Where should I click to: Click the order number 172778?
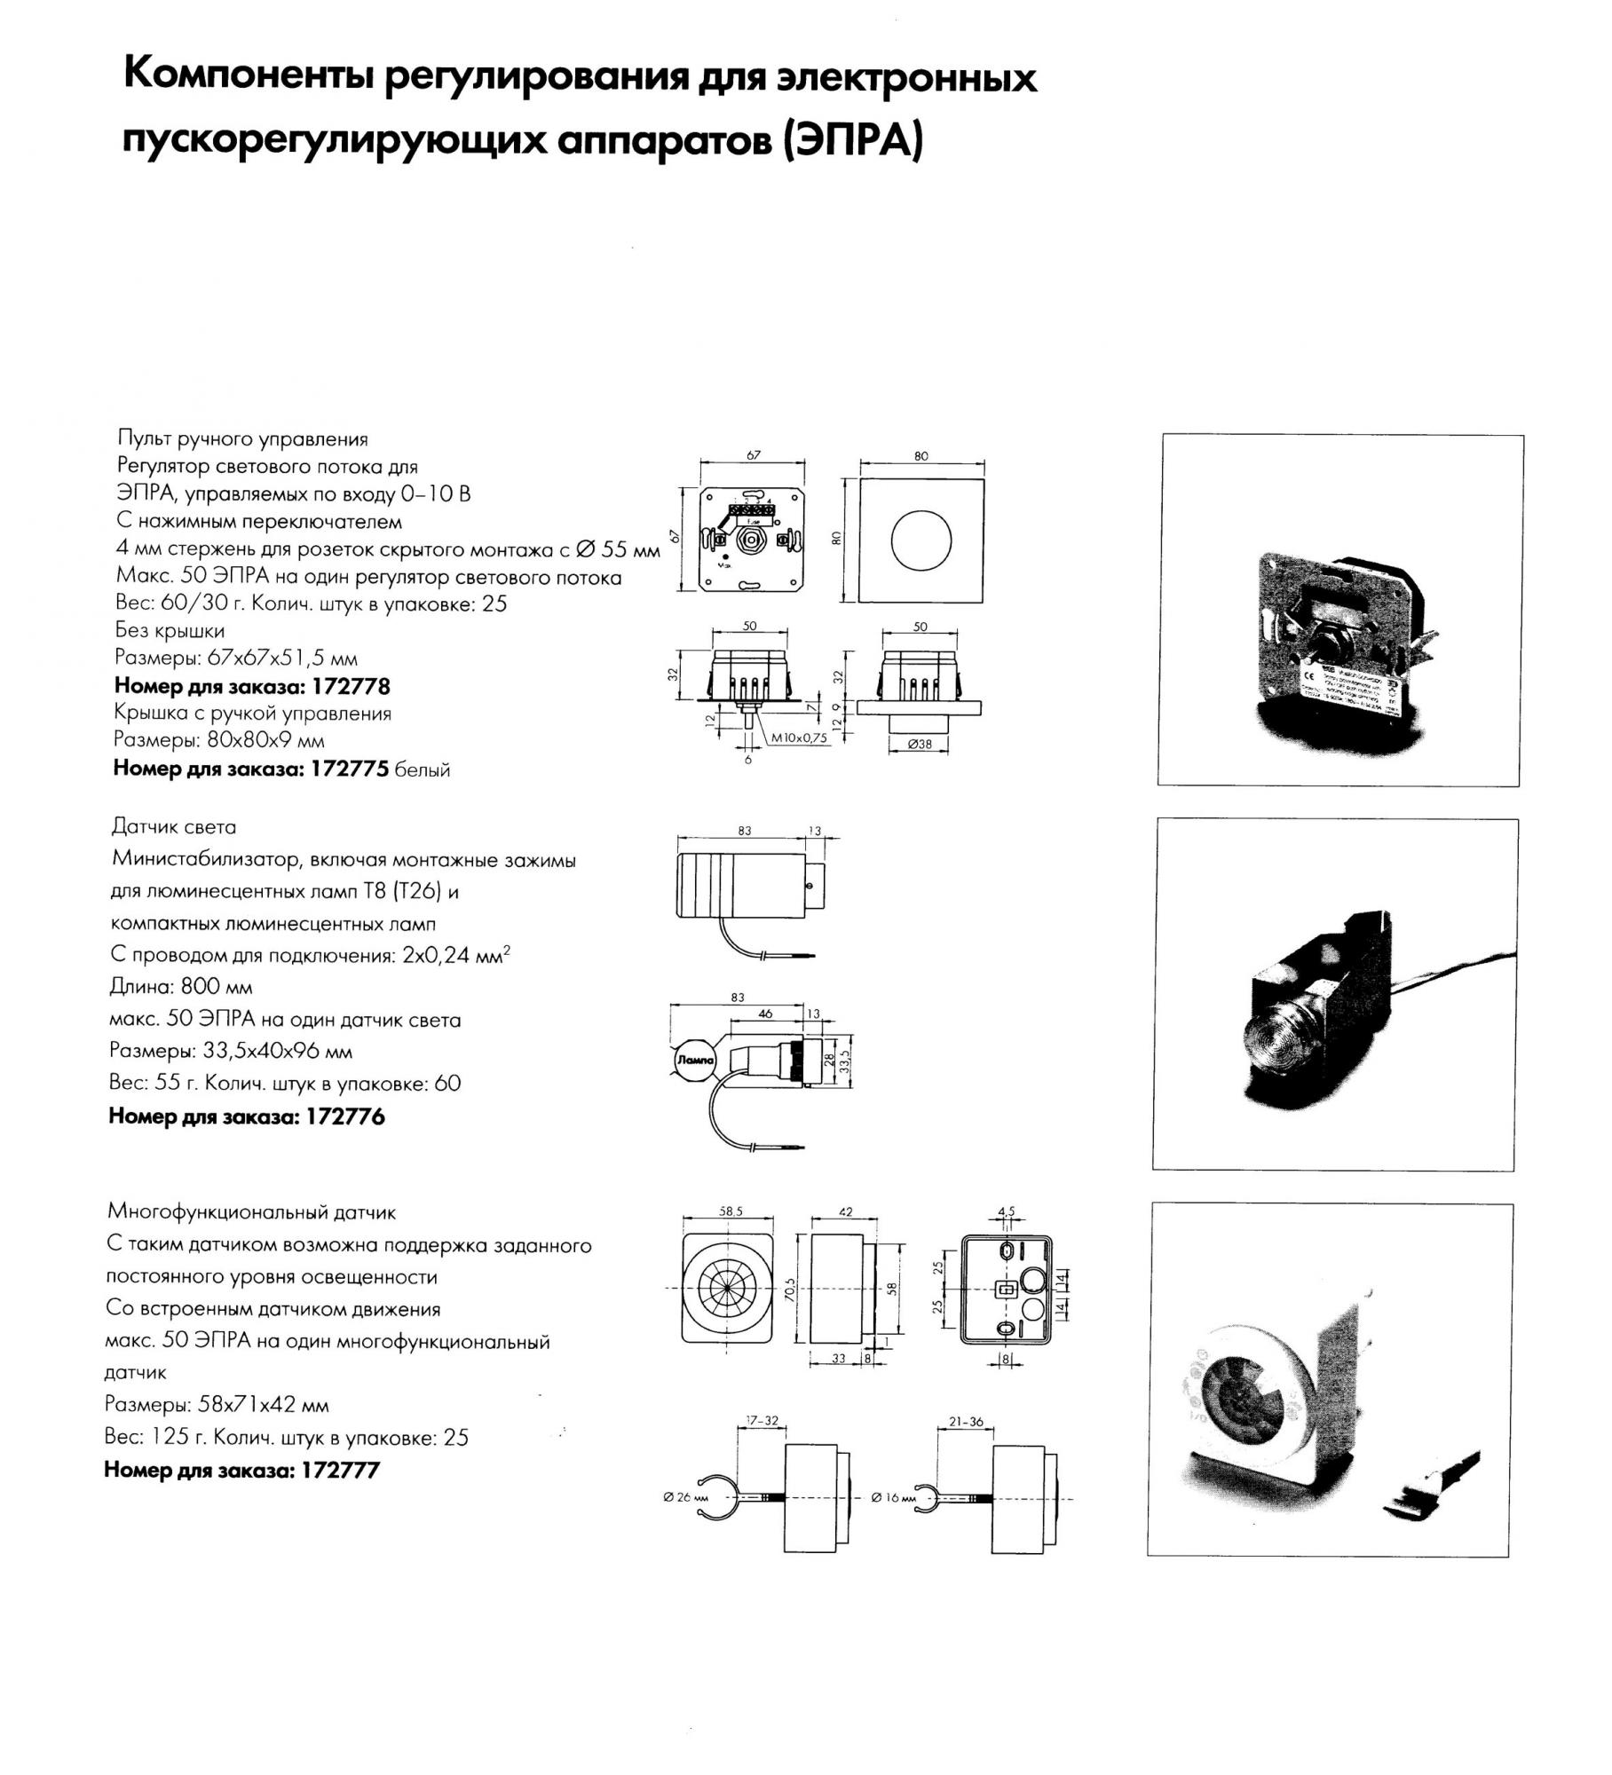point(350,686)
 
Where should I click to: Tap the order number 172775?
point(350,769)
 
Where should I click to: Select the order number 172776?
point(345,1116)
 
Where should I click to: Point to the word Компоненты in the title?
point(246,76)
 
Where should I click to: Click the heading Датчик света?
point(174,827)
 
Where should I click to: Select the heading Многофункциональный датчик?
point(251,1212)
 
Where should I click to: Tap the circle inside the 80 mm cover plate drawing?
point(921,540)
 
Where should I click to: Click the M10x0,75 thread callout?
point(799,737)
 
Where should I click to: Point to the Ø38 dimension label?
point(920,745)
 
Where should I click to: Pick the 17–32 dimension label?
point(762,1421)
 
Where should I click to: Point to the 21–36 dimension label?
point(966,1421)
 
